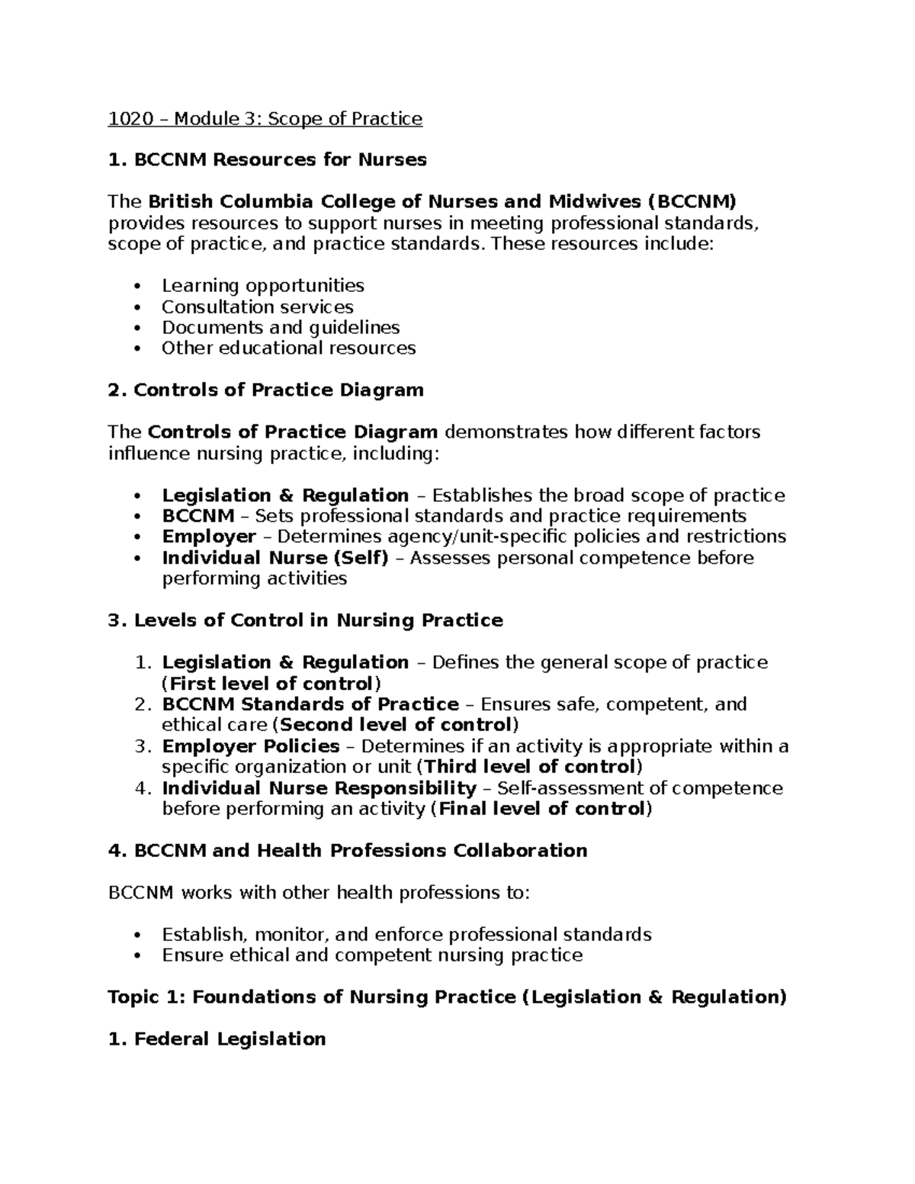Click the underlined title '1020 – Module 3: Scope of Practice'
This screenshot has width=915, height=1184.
click(265, 119)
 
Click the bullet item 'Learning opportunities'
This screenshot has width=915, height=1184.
click(262, 286)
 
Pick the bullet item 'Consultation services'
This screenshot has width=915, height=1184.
click(257, 307)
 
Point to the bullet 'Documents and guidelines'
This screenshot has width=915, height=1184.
click(280, 328)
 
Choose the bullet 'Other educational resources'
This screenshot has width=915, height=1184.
click(288, 348)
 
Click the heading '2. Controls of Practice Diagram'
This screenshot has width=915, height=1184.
click(265, 390)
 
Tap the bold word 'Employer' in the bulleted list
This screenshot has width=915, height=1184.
click(208, 537)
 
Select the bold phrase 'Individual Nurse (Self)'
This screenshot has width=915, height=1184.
click(274, 558)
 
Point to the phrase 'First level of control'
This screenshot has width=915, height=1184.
click(271, 683)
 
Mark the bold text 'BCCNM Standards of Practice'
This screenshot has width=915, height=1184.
click(310, 704)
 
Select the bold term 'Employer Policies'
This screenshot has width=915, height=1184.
click(250, 746)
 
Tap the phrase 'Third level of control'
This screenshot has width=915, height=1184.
click(530, 767)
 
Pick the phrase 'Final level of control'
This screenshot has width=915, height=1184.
click(542, 809)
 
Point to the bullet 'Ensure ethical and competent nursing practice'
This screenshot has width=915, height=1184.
click(372, 955)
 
